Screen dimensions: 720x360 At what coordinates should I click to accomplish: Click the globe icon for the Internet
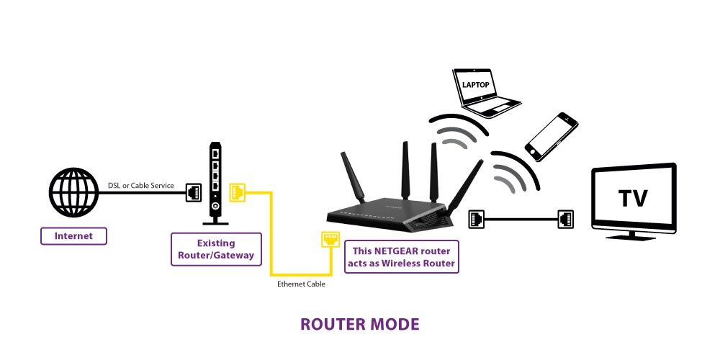click(x=73, y=192)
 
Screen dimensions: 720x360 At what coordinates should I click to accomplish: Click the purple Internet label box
click(x=73, y=236)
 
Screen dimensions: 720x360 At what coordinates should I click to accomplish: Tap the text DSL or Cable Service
click(x=141, y=186)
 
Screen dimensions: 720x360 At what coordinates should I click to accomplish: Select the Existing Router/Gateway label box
click(x=216, y=249)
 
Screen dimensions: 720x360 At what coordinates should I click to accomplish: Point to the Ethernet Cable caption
click(x=301, y=284)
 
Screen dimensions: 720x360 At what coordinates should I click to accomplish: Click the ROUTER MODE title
click(x=359, y=324)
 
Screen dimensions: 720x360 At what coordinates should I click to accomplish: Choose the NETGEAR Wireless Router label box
click(x=401, y=257)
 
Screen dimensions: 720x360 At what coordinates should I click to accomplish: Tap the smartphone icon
click(x=551, y=136)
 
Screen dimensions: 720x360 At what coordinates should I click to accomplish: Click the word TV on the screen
click(x=633, y=198)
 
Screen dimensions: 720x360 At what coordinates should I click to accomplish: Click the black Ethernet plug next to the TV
click(x=566, y=219)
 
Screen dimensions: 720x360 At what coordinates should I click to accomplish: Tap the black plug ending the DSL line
click(x=193, y=192)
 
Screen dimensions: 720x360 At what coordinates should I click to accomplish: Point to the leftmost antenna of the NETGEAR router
click(x=352, y=178)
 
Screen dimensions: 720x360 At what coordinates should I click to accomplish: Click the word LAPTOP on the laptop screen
click(x=475, y=85)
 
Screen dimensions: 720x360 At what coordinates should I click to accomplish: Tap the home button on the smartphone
click(x=533, y=151)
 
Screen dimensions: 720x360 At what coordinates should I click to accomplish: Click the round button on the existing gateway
click(x=215, y=207)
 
